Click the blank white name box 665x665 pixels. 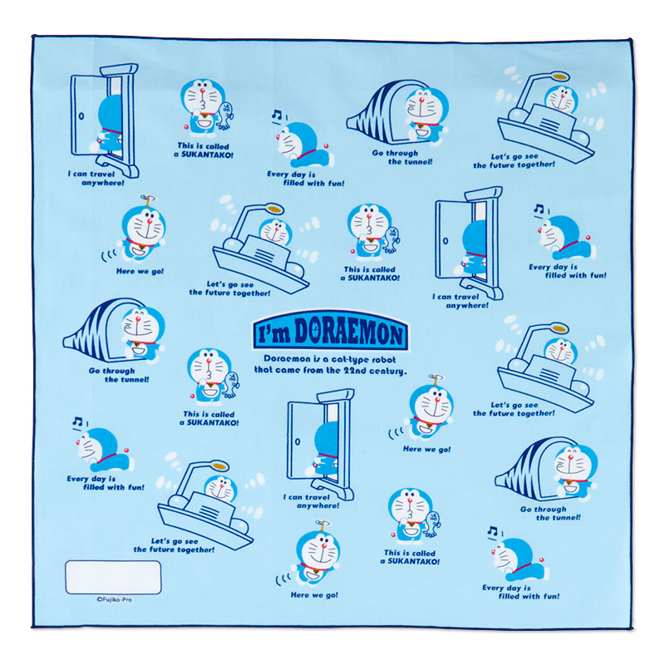[113, 577]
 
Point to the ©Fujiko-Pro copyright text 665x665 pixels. [114, 599]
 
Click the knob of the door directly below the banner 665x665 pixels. [298, 441]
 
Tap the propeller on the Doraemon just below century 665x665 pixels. [435, 377]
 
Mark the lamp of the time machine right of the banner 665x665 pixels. [559, 328]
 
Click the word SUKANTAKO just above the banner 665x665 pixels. [374, 278]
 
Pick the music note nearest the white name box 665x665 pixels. [77, 421]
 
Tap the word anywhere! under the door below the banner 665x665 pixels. [318, 505]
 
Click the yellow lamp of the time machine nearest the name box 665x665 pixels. [219, 465]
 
